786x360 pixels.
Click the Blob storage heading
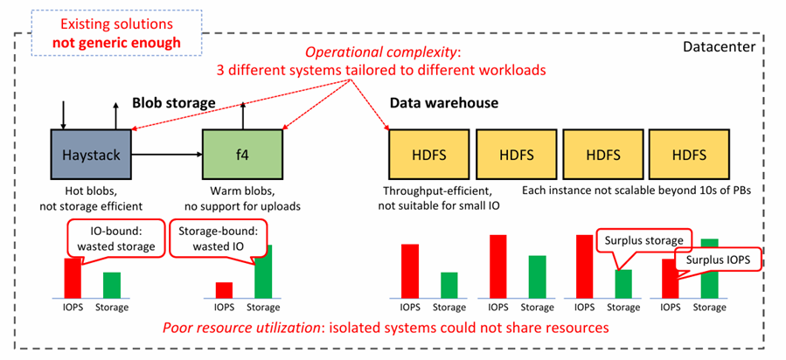tap(174, 103)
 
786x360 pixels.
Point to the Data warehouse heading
tap(443, 103)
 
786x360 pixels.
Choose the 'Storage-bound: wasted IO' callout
tap(213, 239)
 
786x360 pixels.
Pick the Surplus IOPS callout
tap(718, 260)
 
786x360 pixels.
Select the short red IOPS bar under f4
tap(225, 290)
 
